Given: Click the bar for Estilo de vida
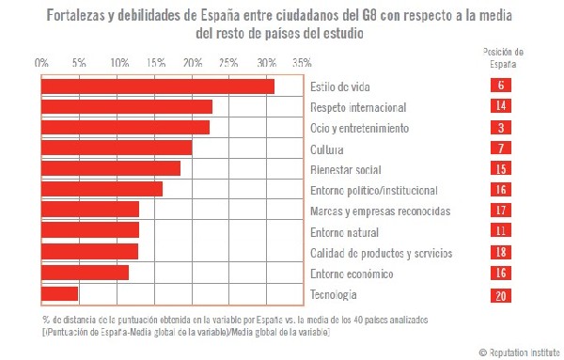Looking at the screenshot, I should [x=158, y=86].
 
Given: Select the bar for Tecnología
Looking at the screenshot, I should [x=60, y=294].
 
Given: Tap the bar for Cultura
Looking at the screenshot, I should [x=117, y=149].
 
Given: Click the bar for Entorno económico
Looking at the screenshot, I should [x=86, y=274].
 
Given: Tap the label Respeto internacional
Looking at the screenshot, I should [x=357, y=107].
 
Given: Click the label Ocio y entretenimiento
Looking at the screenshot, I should [x=358, y=128].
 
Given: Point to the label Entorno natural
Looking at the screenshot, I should [x=344, y=232].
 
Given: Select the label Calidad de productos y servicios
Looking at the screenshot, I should [x=381, y=253].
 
